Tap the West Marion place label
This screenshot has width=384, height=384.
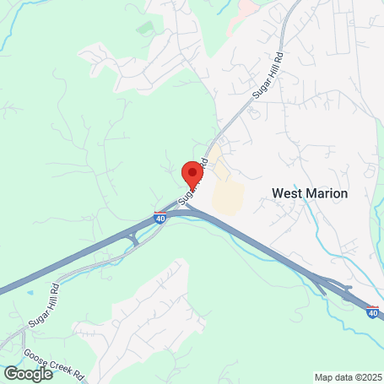(x=310, y=193)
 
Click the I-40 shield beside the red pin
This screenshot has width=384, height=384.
(x=160, y=218)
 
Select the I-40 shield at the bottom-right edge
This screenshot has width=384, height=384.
(x=373, y=312)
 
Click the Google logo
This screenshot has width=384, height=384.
(x=28, y=373)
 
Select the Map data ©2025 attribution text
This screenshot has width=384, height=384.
(x=348, y=377)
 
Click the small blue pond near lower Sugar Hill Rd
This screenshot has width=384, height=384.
(x=31, y=292)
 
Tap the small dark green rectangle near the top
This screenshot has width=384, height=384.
(x=146, y=28)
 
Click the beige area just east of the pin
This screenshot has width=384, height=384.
(x=226, y=194)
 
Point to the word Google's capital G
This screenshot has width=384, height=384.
(x=10, y=373)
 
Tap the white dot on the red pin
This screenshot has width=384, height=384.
(x=193, y=170)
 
